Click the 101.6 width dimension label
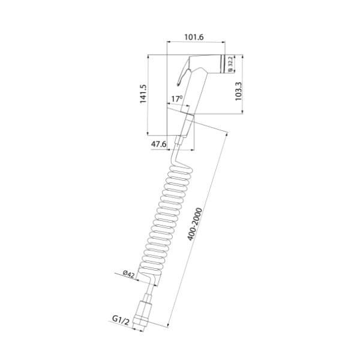[x=194, y=37]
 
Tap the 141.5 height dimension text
[x=143, y=94]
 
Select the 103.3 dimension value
[x=239, y=91]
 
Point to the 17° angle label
[x=177, y=99]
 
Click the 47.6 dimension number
[x=158, y=144]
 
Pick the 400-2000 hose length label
[x=194, y=224]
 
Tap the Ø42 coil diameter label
[x=128, y=274]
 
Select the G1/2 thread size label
[x=121, y=320]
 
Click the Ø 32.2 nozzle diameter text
[x=231, y=64]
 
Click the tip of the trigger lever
[x=178, y=85]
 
